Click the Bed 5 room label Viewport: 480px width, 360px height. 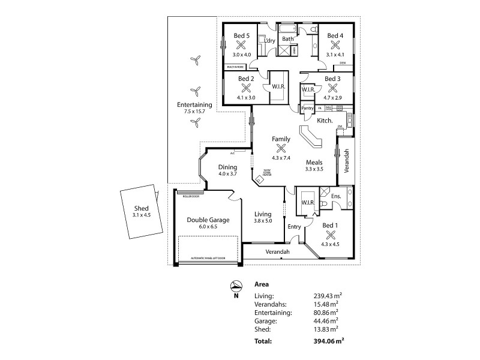coord(242,36)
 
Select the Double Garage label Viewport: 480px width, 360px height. coord(206,220)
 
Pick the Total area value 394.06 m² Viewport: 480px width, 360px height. coord(326,341)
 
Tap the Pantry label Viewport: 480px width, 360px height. coord(308,108)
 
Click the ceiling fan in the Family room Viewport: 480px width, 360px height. coord(281,149)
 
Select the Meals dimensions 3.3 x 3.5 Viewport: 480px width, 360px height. coord(314,169)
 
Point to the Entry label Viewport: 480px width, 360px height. coord(294,226)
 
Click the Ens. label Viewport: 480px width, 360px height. coord(336,196)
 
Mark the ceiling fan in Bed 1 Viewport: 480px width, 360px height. coord(330,235)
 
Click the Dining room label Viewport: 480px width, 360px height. coord(228,167)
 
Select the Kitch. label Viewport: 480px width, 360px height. coord(325,121)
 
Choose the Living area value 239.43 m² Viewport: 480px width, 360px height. coord(326,296)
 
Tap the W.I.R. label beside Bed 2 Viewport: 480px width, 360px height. coord(278,86)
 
